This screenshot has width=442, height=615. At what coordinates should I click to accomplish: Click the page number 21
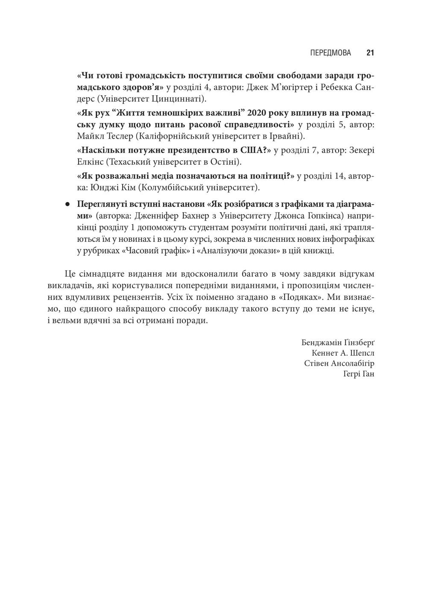coord(370,53)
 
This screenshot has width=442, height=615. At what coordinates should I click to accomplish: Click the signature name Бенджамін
coord(319,343)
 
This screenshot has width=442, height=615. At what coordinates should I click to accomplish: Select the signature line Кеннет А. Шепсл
coord(343,353)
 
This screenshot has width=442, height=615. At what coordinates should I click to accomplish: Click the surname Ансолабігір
coord(354,364)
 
